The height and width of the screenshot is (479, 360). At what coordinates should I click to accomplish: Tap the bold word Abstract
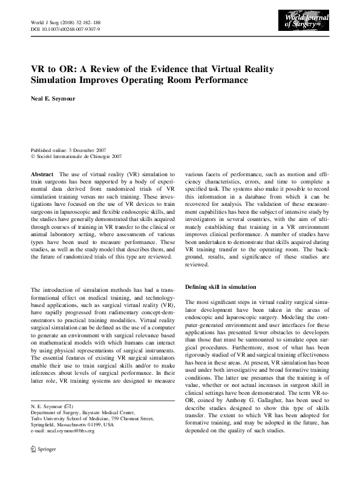pyautogui.click(x=41, y=174)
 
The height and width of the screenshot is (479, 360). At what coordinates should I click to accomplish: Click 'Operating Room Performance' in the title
pyautogui.click(x=183, y=80)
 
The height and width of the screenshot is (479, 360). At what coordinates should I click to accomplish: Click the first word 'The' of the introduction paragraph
pyautogui.click(x=36, y=291)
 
